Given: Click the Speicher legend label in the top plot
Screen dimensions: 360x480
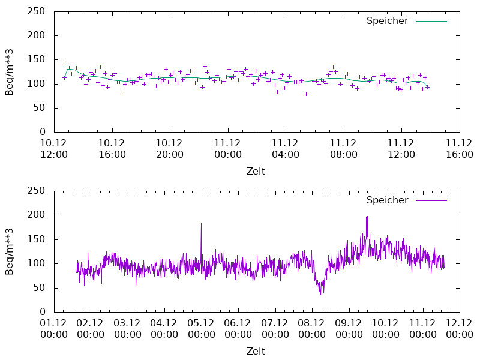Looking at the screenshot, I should pyautogui.click(x=387, y=20).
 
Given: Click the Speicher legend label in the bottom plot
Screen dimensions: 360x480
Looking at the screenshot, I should pyautogui.click(x=387, y=200).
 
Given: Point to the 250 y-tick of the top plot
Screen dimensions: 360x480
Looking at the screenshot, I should pyautogui.click(x=37, y=11).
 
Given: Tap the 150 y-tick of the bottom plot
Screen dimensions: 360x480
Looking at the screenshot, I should pyautogui.click(x=37, y=239).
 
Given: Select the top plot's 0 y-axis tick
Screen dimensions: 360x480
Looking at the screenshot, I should pyautogui.click(x=43, y=132).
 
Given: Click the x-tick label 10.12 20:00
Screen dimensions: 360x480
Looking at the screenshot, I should pyautogui.click(x=170, y=148).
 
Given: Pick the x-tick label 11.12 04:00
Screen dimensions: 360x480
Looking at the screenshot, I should pyautogui.click(x=286, y=148).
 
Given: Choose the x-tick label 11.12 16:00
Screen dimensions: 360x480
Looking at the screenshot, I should pyautogui.click(x=460, y=148).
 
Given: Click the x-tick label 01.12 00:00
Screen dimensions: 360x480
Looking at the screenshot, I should pyautogui.click(x=54, y=328).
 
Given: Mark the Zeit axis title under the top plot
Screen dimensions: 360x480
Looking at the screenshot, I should pyautogui.click(x=256, y=171).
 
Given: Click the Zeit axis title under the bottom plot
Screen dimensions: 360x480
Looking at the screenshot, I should pyautogui.click(x=256, y=351).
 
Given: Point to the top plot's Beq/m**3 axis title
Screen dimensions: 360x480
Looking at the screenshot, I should pyautogui.click(x=10, y=71).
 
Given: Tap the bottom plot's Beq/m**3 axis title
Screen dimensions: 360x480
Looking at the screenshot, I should pyautogui.click(x=10, y=251).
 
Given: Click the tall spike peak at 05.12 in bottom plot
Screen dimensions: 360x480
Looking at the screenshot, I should pyautogui.click(x=201, y=224).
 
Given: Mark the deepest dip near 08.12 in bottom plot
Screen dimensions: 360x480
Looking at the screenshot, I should pyautogui.click(x=320, y=294).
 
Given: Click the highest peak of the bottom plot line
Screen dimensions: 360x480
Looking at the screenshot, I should pyautogui.click(x=367, y=217).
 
